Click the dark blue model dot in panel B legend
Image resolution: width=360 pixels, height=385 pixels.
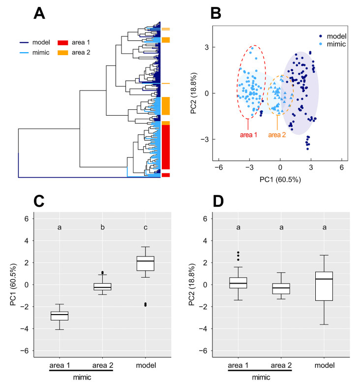pos(321,35)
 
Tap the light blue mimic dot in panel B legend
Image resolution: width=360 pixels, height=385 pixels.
pos(321,44)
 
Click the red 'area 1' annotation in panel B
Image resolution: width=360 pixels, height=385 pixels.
pos(247,134)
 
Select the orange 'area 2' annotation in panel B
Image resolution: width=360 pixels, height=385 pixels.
pos(278,134)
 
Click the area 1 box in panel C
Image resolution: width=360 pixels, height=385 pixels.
pos(60,316)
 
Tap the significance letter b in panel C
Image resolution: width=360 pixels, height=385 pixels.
pos(103,227)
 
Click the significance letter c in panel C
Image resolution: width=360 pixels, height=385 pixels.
pos(146,227)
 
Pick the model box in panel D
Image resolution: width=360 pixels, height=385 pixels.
pos(324,286)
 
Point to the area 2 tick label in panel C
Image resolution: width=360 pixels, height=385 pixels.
pos(102,365)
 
